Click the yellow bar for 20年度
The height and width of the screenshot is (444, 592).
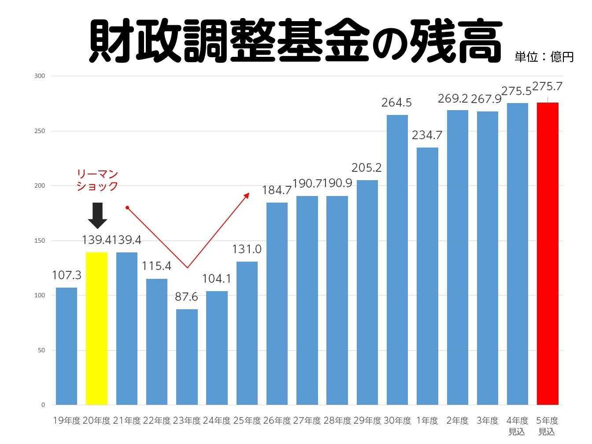coord(96,328)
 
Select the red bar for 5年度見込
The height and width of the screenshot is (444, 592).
coord(548,254)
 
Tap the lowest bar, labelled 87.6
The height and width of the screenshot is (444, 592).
coord(187,357)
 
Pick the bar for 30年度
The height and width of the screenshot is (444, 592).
coord(397,260)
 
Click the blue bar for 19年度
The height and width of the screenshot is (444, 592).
coord(67,346)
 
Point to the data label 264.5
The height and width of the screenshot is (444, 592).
coord(396,103)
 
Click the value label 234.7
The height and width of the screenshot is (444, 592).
coord(427,135)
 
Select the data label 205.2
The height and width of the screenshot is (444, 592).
coord(366,168)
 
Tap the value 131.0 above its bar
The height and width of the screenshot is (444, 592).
coord(247,249)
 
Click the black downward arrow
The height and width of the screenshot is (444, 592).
coord(97,215)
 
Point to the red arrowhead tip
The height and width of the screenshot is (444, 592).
coord(249,193)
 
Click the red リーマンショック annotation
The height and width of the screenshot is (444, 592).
coord(97,180)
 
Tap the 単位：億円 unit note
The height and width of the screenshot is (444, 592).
coord(544,57)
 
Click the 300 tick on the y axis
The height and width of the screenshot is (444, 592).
coord(40,76)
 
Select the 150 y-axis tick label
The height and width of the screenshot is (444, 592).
coord(40,240)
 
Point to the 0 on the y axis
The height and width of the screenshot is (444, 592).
coord(43,405)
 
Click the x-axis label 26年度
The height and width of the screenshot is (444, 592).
coord(277,421)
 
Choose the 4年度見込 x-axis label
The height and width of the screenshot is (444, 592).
coord(517,426)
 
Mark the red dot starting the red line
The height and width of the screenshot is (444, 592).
coord(127,207)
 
